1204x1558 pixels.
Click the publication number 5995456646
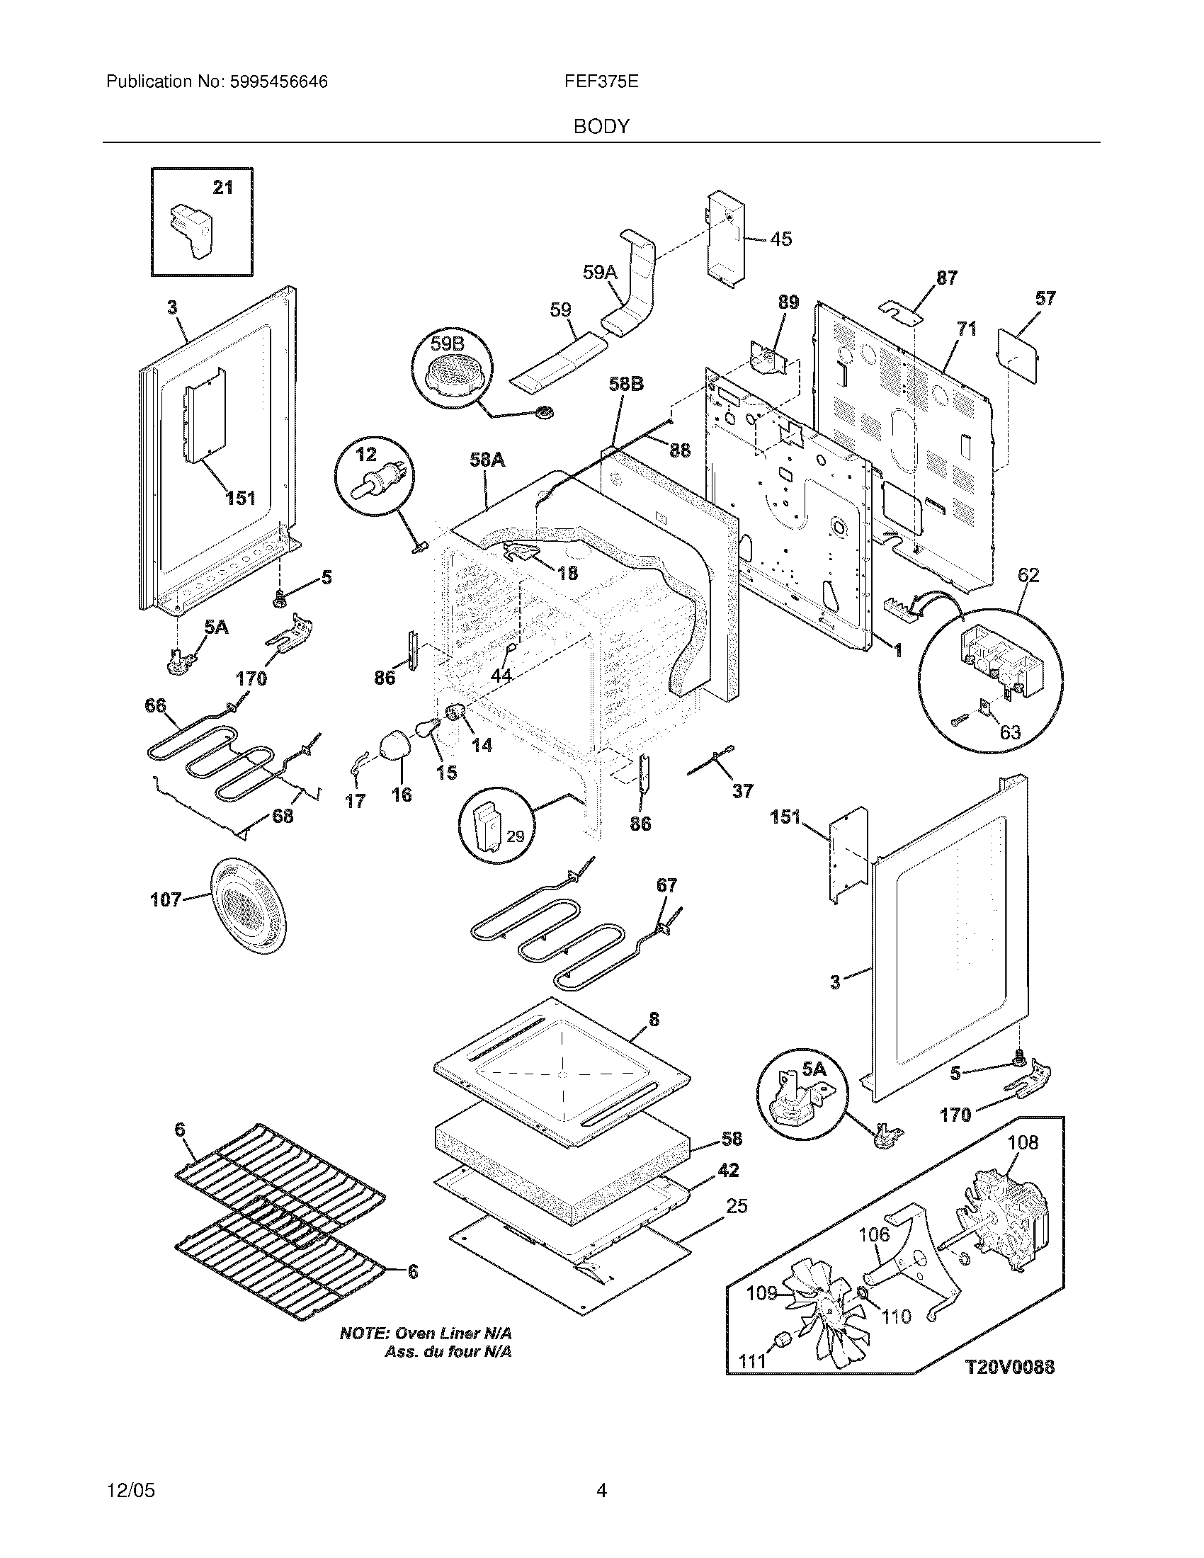click(x=278, y=82)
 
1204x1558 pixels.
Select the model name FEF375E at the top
click(x=601, y=82)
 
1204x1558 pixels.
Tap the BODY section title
click(x=601, y=127)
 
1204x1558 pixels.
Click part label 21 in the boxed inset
click(x=223, y=188)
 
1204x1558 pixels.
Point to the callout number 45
click(x=782, y=239)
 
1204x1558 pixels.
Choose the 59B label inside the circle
click(x=447, y=345)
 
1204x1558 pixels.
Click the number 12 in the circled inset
click(x=367, y=454)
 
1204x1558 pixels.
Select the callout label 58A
click(x=487, y=460)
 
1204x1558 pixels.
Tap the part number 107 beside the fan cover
click(x=166, y=899)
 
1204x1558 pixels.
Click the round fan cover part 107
click(x=247, y=906)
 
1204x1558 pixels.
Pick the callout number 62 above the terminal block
click(x=1028, y=574)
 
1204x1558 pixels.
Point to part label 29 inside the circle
click(x=515, y=836)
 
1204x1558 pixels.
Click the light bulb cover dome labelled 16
click(x=393, y=747)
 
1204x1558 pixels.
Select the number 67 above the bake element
click(x=666, y=885)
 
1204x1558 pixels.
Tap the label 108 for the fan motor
click(x=1023, y=1142)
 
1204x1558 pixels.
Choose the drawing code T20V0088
click(x=1009, y=1367)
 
